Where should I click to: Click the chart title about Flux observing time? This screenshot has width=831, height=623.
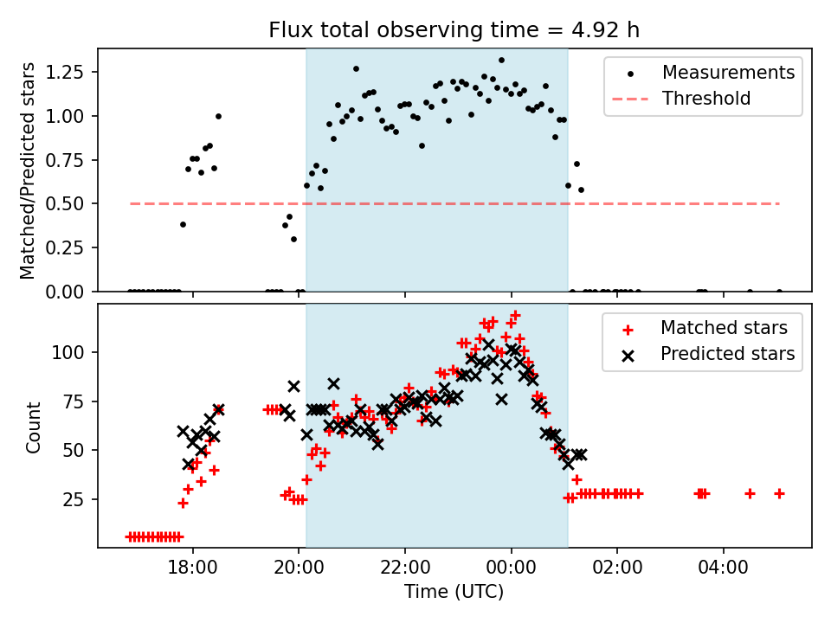coord(454,30)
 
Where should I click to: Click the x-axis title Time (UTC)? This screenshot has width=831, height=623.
coord(454,592)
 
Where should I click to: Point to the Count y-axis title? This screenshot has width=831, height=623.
coord(34,427)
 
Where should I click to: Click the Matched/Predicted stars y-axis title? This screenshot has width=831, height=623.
coord(29,170)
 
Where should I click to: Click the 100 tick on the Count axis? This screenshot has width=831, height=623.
coord(75,352)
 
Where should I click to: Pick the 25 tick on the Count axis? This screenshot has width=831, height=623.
coord(79,499)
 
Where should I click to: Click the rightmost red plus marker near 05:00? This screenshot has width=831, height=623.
coord(779,493)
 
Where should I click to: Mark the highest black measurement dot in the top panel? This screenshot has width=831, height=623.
coord(501,60)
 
